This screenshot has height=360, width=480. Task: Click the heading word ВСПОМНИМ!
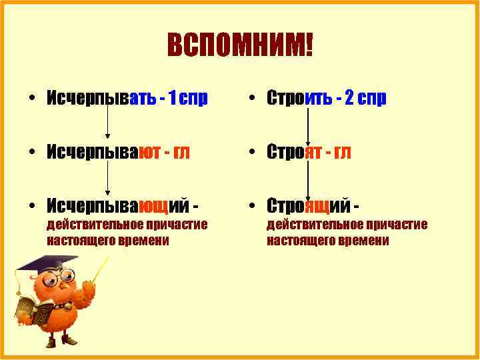click(x=239, y=47)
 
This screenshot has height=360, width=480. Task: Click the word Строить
click(x=301, y=99)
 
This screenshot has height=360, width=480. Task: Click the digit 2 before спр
click(x=349, y=99)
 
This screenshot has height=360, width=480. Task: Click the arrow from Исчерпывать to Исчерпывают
click(x=107, y=124)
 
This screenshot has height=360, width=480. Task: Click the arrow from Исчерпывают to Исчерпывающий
click(x=107, y=177)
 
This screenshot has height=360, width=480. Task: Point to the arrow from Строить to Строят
click(x=307, y=124)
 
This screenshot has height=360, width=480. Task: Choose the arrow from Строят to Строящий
click(x=307, y=177)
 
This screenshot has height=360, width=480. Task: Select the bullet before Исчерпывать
click(x=32, y=99)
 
